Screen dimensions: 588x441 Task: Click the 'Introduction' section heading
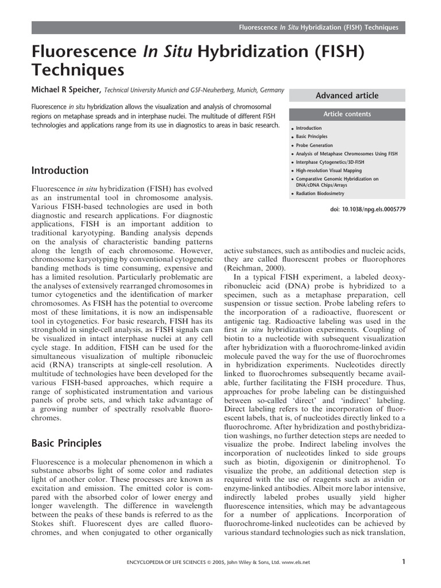60,171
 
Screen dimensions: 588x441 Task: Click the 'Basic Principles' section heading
67,443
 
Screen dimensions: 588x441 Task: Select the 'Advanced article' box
347,95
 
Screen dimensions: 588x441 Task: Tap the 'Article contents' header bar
347,114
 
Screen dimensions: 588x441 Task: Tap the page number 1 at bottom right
404,562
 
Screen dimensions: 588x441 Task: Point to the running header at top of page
322,28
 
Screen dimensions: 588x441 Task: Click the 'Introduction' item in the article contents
308,128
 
